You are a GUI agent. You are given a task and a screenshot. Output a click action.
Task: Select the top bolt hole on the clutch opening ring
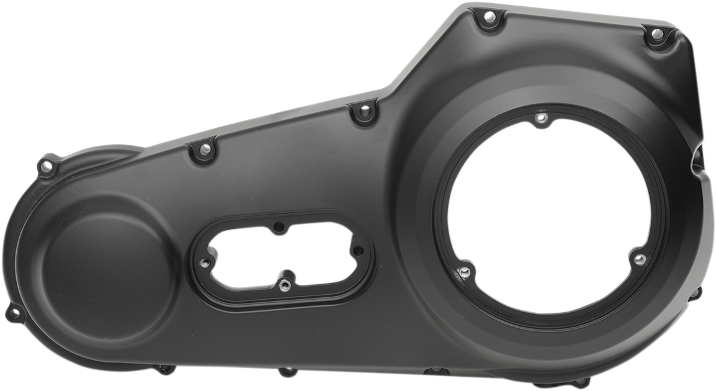pyautogui.click(x=541, y=117)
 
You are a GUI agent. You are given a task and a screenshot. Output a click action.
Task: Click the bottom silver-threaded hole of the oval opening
pyautogui.click(x=284, y=285)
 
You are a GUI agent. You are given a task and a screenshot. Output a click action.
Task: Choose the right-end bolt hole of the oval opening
pyautogui.click(x=358, y=251)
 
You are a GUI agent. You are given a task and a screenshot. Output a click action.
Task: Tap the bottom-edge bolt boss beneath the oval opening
pyautogui.click(x=285, y=372)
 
